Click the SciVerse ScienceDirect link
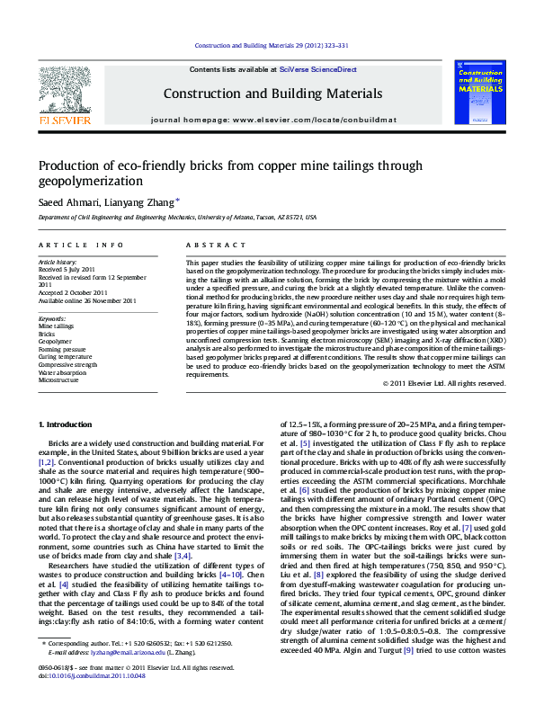click(x=317, y=69)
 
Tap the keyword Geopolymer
click(x=55, y=342)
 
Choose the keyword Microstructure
click(x=58, y=380)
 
